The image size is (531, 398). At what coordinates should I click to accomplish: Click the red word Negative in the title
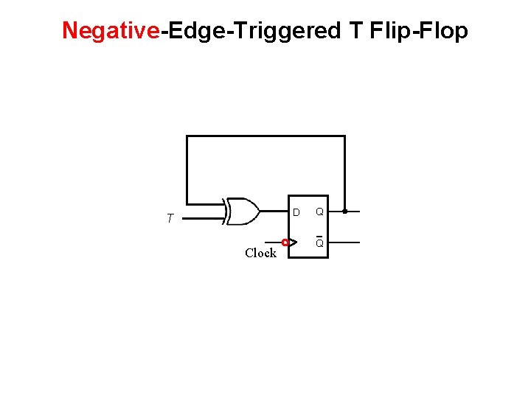pos(111,31)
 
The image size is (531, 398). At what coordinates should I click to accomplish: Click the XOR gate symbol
pos(243,212)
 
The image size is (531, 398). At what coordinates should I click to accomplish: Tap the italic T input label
pos(170,219)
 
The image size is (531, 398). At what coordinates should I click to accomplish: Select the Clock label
pos(260,253)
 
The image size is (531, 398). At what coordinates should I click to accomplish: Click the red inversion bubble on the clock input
pos(285,242)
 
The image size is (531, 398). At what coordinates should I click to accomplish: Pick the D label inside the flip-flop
pos(296,212)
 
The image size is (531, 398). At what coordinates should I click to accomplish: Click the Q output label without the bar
pos(319,212)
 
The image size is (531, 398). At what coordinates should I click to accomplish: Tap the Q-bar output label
pos(319,242)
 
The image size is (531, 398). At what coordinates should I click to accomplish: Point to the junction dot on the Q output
pos(344,212)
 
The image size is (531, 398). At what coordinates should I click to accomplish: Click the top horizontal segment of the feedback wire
pos(265,136)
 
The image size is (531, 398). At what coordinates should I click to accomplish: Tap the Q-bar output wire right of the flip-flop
pos(343,242)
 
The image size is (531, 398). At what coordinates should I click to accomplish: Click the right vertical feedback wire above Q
pos(344,173)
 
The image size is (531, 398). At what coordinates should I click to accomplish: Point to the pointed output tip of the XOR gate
pos(258,212)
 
